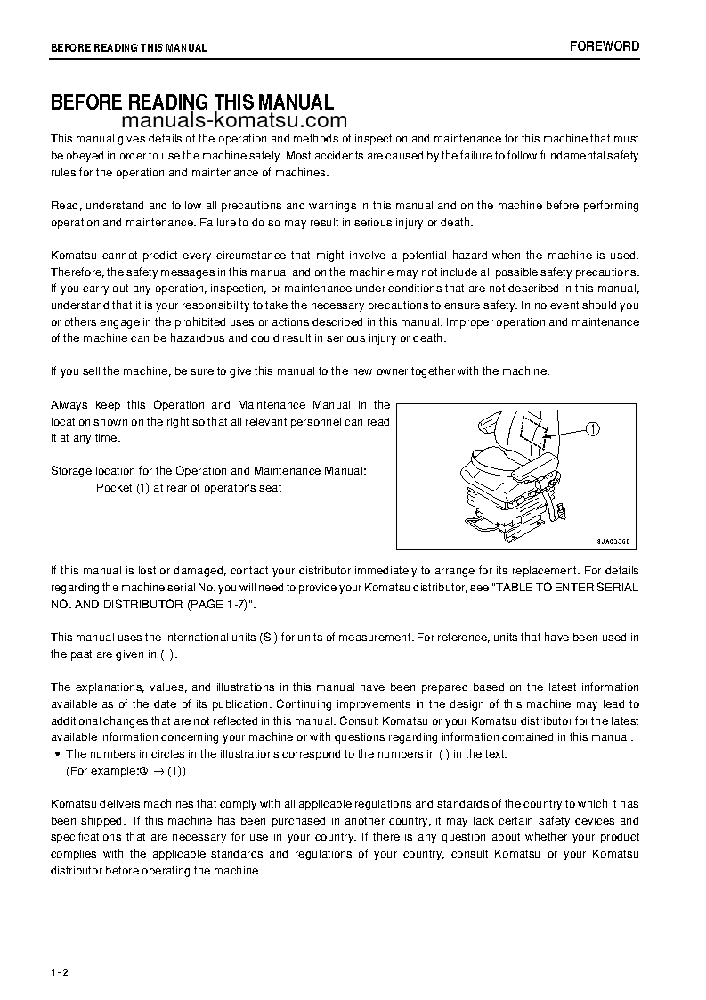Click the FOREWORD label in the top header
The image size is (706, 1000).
[x=604, y=46]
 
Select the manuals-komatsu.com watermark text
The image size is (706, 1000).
[x=231, y=121]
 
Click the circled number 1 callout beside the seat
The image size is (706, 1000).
[x=593, y=429]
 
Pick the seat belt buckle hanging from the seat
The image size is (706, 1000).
[x=564, y=510]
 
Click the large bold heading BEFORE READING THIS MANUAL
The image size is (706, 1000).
[x=191, y=102]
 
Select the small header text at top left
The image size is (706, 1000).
[x=128, y=48]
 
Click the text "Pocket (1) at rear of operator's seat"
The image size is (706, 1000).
[x=189, y=488]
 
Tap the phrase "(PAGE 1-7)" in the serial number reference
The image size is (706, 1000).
[x=217, y=604]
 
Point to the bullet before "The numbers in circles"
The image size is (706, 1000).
[x=58, y=754]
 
